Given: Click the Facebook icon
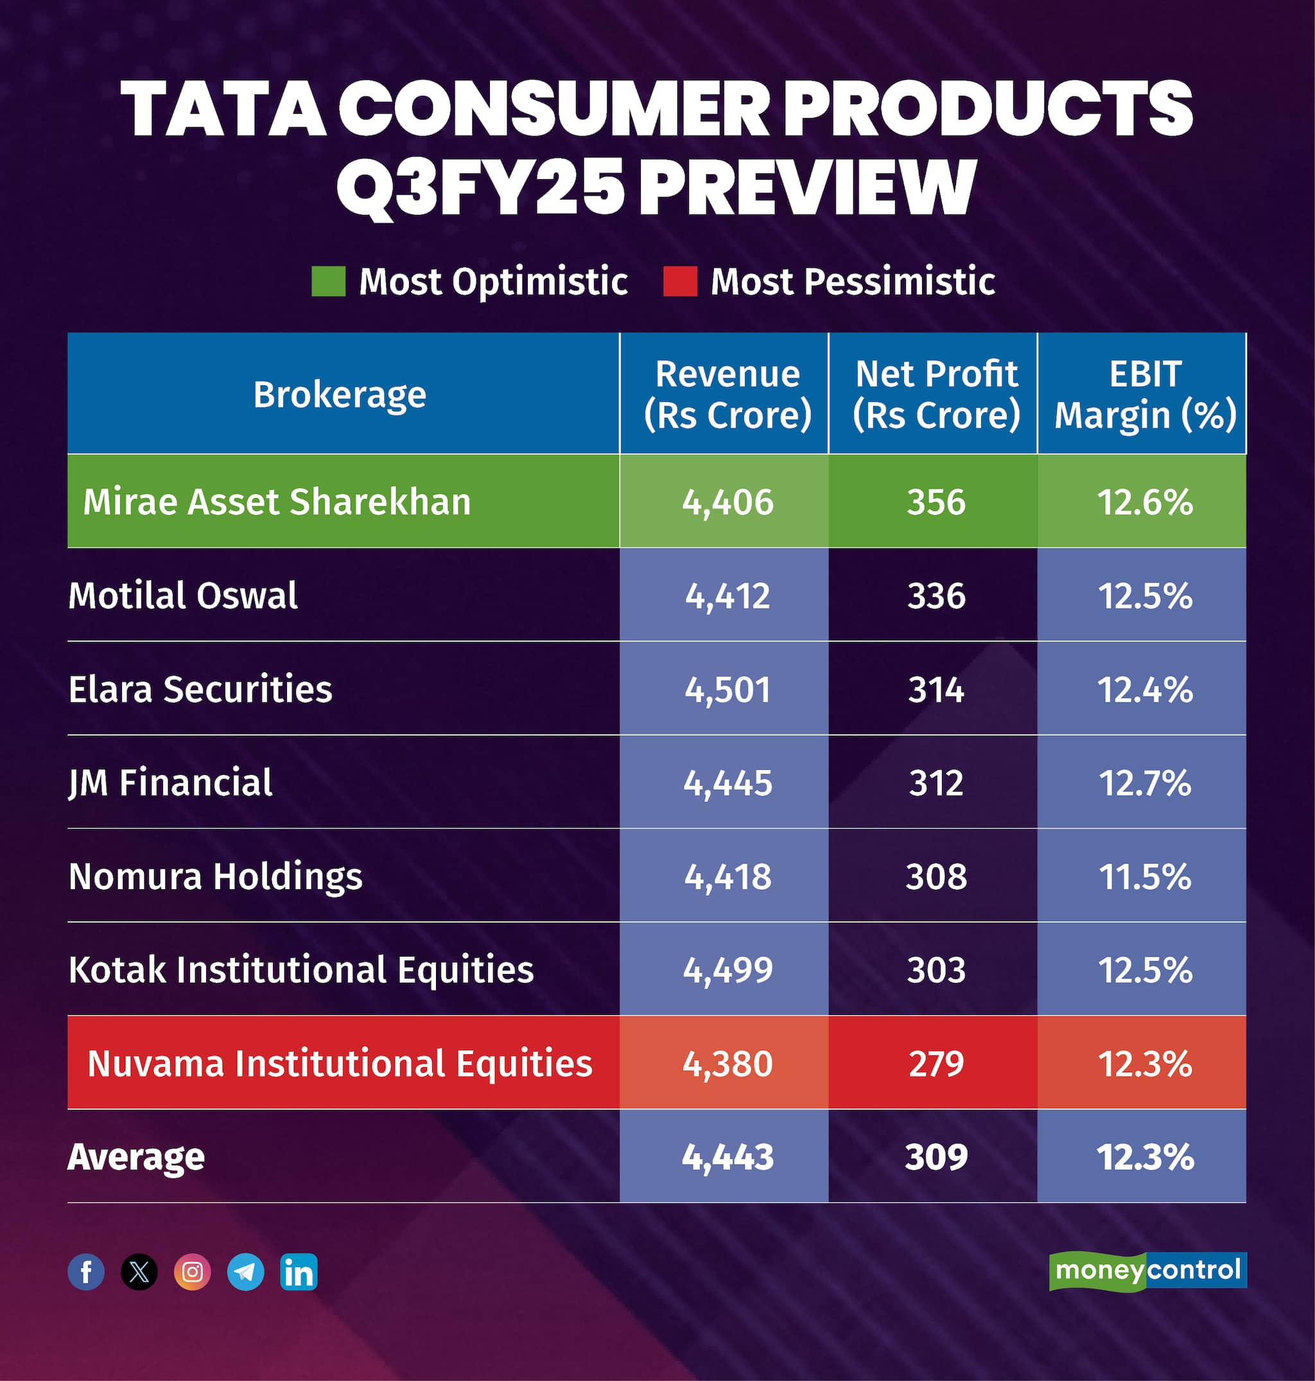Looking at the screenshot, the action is (86, 1272).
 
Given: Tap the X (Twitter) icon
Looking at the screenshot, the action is (139, 1272).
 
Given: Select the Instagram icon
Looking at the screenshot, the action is (192, 1272).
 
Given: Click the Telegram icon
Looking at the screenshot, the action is (245, 1272).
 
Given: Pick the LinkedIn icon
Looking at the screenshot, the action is (299, 1272).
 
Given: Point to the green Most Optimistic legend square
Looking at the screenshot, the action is (328, 281).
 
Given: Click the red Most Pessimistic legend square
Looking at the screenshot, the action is (680, 281).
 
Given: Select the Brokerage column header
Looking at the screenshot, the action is (340, 395).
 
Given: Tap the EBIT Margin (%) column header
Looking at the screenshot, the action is (1145, 395).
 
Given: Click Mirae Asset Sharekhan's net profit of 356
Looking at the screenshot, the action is (936, 502).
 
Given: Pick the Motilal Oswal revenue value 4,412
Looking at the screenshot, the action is (727, 596).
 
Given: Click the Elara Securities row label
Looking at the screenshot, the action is (200, 689).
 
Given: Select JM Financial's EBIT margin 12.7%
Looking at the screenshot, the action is (1145, 783).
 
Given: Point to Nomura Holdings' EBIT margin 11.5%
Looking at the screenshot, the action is (1145, 876).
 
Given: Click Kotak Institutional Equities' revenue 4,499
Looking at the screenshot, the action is (727, 970).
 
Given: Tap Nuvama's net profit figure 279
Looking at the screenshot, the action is (936, 1063).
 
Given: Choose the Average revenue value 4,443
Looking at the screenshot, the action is (727, 1158).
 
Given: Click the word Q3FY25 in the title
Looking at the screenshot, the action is (480, 186).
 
